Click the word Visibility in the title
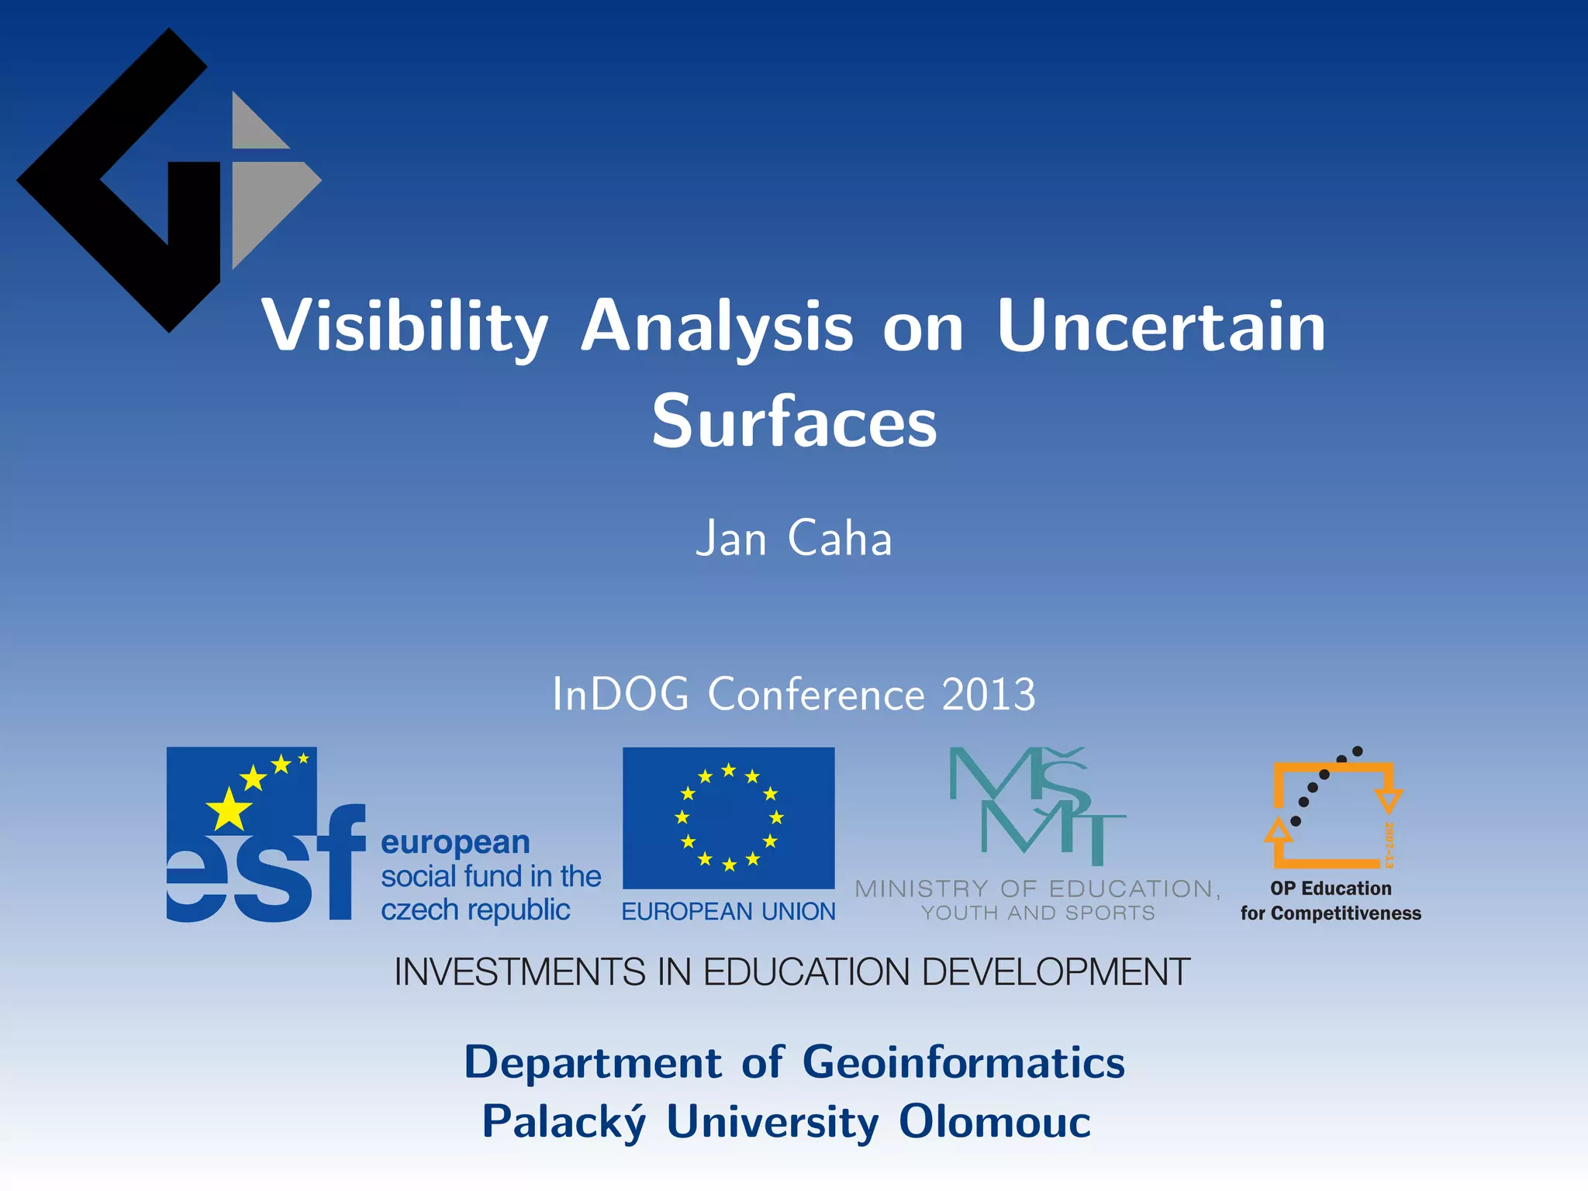tap(405, 327)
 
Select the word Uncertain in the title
tap(1161, 327)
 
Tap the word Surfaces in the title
tap(794, 423)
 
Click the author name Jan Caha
tap(794, 539)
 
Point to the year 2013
tap(989, 694)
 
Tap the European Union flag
tap(729, 818)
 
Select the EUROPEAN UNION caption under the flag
tap(729, 912)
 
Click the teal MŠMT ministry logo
tap(1037, 806)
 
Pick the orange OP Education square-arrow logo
tap(1332, 814)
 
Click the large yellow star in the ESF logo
tap(229, 810)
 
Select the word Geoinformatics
tap(963, 1062)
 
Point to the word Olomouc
tap(995, 1122)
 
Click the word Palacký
tap(564, 1122)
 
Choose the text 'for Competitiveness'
tap(1331, 913)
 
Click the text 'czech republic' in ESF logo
tap(475, 910)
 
